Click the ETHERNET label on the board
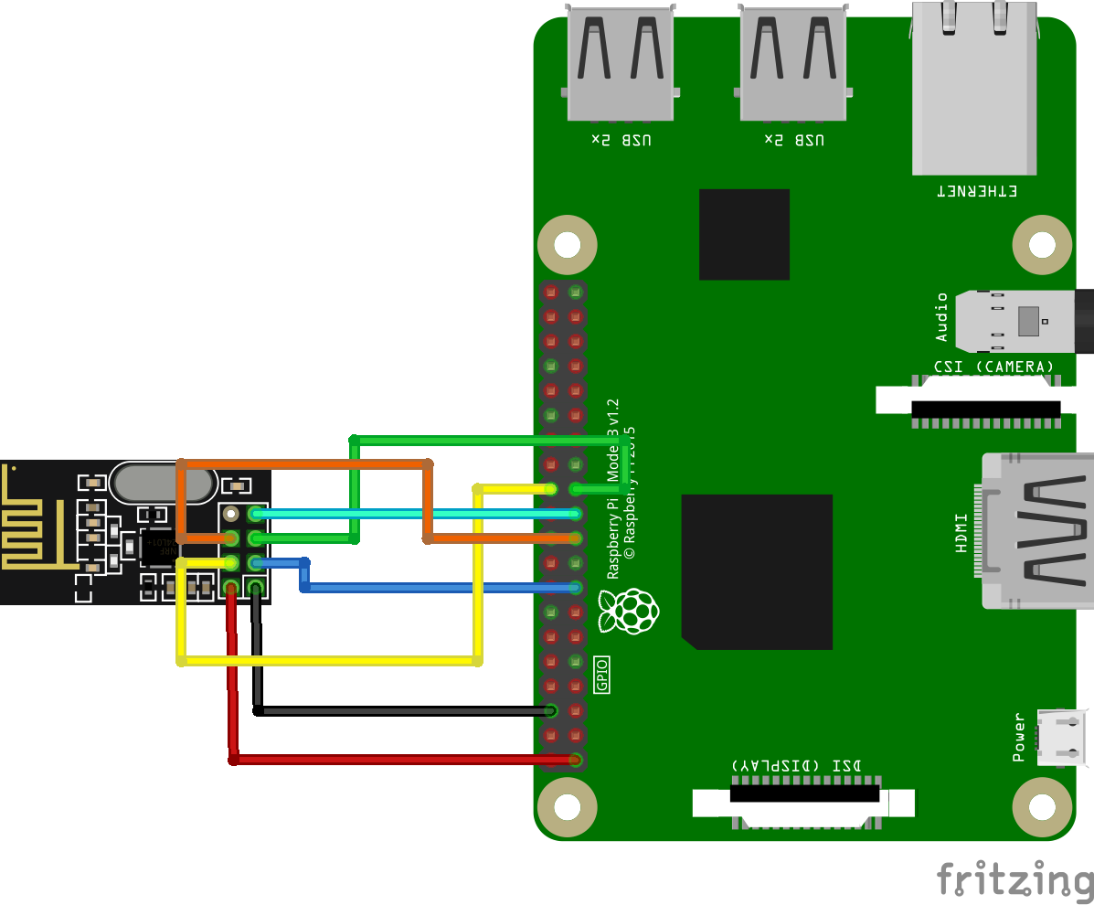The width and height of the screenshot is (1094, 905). click(x=976, y=191)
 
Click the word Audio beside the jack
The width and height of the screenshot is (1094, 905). click(x=942, y=317)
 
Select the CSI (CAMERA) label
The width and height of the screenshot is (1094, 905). click(x=993, y=367)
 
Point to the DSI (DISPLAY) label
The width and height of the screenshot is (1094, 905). click(x=796, y=764)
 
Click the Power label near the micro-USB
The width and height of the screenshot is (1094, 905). click(x=1020, y=737)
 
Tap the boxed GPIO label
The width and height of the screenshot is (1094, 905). click(x=601, y=675)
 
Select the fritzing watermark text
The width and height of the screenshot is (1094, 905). click(x=1014, y=878)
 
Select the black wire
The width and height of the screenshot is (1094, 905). click(x=402, y=710)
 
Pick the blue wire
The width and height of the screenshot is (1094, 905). click(x=439, y=587)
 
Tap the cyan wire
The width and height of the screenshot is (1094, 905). click(x=411, y=514)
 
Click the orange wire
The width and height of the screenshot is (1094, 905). click(x=302, y=464)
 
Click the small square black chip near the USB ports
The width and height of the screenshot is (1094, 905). click(x=744, y=234)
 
